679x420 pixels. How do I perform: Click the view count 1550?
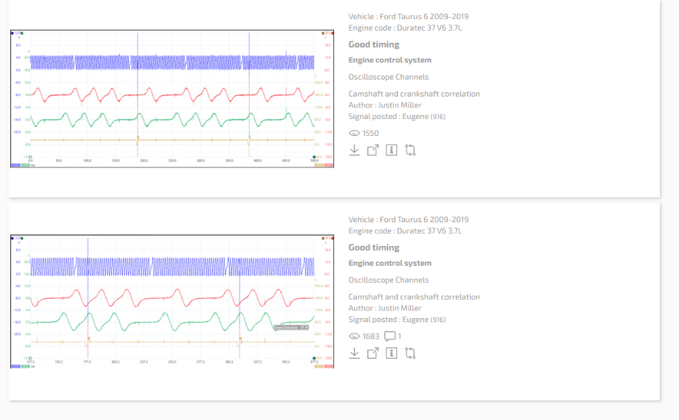(371, 133)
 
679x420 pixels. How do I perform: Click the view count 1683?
(371, 336)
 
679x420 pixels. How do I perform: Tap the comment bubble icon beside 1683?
(390, 336)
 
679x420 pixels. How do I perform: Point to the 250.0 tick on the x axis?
(172, 161)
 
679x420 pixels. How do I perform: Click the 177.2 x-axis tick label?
(87, 362)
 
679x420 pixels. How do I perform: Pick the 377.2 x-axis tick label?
(313, 362)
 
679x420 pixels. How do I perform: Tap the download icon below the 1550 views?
(354, 150)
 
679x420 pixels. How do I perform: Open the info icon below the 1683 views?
(391, 353)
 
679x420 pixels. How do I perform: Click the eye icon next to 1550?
(354, 133)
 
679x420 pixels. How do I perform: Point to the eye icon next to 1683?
(354, 336)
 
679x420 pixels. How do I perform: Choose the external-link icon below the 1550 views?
(373, 150)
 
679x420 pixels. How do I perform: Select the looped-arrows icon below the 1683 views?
(410, 353)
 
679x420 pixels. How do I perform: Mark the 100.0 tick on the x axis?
(87, 161)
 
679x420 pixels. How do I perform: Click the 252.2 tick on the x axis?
(172, 362)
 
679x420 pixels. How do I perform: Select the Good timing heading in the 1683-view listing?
(374, 247)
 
